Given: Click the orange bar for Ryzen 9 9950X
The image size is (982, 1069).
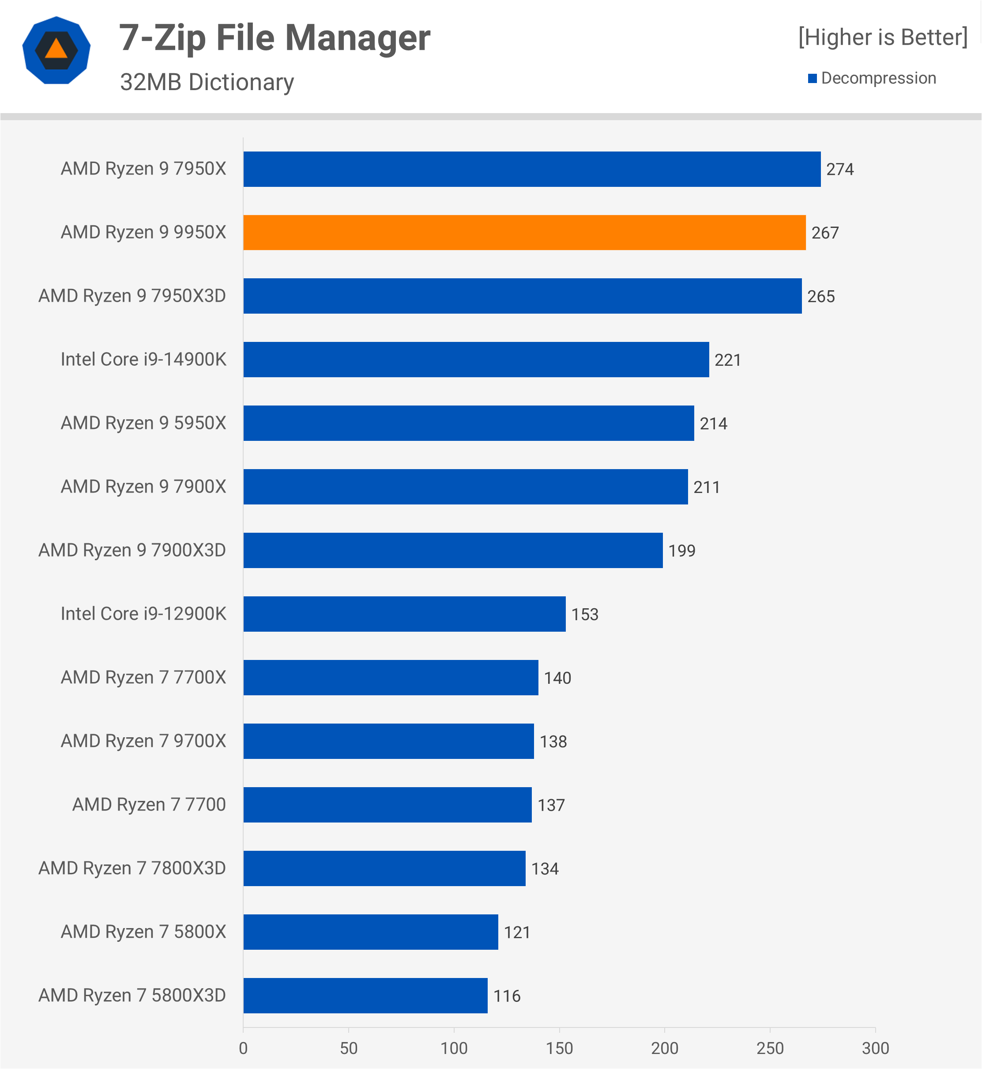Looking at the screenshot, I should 524,232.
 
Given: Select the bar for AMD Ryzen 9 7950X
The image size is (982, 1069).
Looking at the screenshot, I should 531,169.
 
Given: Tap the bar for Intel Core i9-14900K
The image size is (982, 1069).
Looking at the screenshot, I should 476,360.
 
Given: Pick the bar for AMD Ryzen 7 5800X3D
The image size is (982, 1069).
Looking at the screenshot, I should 365,995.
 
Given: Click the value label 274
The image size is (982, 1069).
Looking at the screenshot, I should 839,169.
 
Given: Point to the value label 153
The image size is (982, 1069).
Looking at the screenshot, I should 584,614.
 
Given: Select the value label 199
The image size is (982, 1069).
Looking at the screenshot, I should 681,550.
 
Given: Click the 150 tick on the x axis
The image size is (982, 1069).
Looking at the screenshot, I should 559,1048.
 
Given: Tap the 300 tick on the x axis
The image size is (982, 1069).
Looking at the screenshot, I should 875,1048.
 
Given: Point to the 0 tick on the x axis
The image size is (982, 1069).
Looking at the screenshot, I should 243,1048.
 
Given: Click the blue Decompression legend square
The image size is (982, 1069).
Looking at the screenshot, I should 812,78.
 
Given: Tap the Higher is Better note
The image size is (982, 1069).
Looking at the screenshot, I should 883,37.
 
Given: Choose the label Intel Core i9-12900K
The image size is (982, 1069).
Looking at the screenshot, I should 143,614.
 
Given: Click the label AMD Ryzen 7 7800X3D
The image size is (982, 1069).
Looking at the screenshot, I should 132,868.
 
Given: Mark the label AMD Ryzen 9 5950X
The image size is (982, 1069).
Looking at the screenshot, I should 143,423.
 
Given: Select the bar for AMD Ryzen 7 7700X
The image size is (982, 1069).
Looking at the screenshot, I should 391,677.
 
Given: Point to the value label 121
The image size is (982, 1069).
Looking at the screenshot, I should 516,933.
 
